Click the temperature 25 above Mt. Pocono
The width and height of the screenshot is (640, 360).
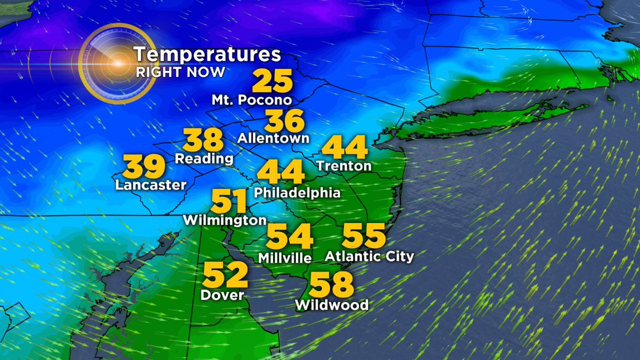click(x=272, y=82)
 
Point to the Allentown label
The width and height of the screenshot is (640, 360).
click(x=274, y=138)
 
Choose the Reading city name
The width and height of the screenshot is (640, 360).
click(x=204, y=158)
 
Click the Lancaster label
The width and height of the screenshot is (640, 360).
click(x=151, y=185)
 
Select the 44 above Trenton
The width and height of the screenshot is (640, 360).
click(x=345, y=148)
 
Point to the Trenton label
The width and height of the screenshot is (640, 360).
click(x=344, y=166)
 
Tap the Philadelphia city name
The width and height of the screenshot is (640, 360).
click(x=297, y=192)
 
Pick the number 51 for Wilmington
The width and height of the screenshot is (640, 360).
click(x=229, y=202)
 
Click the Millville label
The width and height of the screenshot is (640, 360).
click(x=285, y=258)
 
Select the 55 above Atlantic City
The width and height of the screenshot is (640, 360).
click(x=364, y=235)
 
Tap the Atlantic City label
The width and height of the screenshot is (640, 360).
click(x=370, y=257)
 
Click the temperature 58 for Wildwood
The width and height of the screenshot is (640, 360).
click(x=332, y=285)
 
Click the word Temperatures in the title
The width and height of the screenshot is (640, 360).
click(x=207, y=55)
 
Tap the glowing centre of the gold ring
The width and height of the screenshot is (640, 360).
click(x=117, y=63)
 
